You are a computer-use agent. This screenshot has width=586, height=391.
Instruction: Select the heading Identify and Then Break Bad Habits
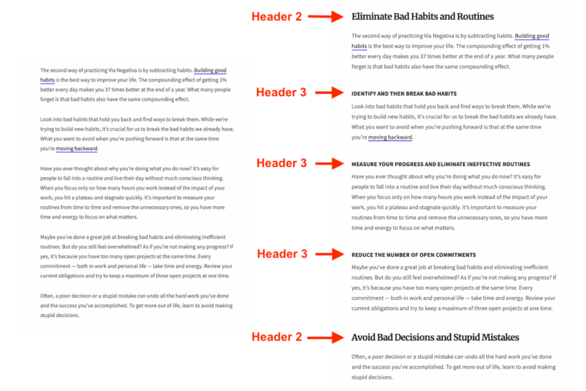tap(404, 93)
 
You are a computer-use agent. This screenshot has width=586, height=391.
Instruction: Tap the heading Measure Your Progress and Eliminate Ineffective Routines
tap(441, 164)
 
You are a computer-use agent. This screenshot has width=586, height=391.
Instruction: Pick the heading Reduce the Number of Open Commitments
tap(414, 255)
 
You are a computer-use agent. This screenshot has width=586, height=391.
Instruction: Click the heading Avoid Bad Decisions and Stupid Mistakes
tap(435, 337)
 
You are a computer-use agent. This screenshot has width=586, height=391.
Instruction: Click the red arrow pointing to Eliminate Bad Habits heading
tap(325, 17)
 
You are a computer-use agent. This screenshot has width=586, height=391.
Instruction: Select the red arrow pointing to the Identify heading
tap(329, 93)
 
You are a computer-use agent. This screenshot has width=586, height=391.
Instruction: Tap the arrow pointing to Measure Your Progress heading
tap(329, 164)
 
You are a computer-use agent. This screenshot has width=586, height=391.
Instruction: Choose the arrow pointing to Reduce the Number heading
tap(329, 254)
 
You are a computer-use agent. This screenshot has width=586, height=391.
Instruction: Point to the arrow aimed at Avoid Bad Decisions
tap(325, 337)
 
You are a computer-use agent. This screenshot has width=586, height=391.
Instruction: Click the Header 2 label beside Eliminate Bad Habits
tap(276, 17)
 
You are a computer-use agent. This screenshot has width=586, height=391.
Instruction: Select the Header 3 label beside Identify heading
tap(281, 93)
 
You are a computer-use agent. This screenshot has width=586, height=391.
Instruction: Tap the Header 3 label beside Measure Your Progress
tap(281, 164)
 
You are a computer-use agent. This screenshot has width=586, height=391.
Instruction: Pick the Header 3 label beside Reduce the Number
tap(281, 254)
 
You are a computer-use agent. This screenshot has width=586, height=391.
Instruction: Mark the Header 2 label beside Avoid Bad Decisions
tap(276, 337)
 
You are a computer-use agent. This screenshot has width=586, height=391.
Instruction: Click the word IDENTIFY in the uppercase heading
tap(363, 93)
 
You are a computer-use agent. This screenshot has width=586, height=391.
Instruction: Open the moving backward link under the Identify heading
tap(390, 137)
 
